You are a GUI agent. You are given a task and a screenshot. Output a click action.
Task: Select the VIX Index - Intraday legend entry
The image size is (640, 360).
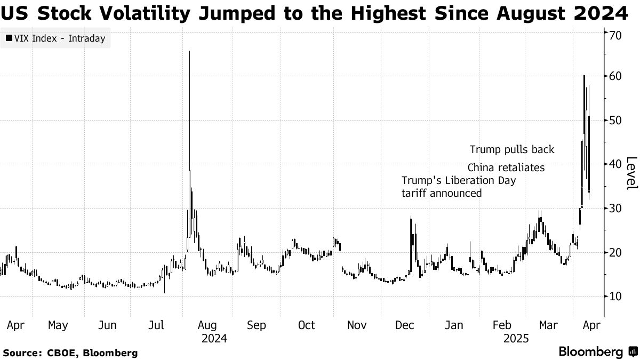click(x=55, y=38)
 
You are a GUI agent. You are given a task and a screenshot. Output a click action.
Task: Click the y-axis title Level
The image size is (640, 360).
click(x=631, y=173)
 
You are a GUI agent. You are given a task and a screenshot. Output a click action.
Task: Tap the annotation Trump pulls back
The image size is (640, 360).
click(x=512, y=149)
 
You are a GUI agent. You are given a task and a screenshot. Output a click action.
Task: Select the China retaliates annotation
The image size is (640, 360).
click(x=506, y=168)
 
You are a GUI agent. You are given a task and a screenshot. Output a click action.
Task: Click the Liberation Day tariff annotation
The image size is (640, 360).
click(x=459, y=187)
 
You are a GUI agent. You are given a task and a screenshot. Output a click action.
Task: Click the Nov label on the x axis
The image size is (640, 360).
click(x=356, y=325)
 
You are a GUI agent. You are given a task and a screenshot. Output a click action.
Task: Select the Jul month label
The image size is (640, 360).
click(x=156, y=325)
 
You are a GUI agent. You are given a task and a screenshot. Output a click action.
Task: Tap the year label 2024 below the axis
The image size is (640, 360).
click(x=214, y=338)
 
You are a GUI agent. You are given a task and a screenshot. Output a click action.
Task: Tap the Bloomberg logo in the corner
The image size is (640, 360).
click(x=597, y=352)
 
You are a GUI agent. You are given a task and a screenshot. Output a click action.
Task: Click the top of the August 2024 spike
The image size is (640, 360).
click(x=190, y=52)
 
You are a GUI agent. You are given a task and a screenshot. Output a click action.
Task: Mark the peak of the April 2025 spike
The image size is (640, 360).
click(x=584, y=76)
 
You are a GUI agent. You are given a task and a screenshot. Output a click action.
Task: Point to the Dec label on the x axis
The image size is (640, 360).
click(x=406, y=325)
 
